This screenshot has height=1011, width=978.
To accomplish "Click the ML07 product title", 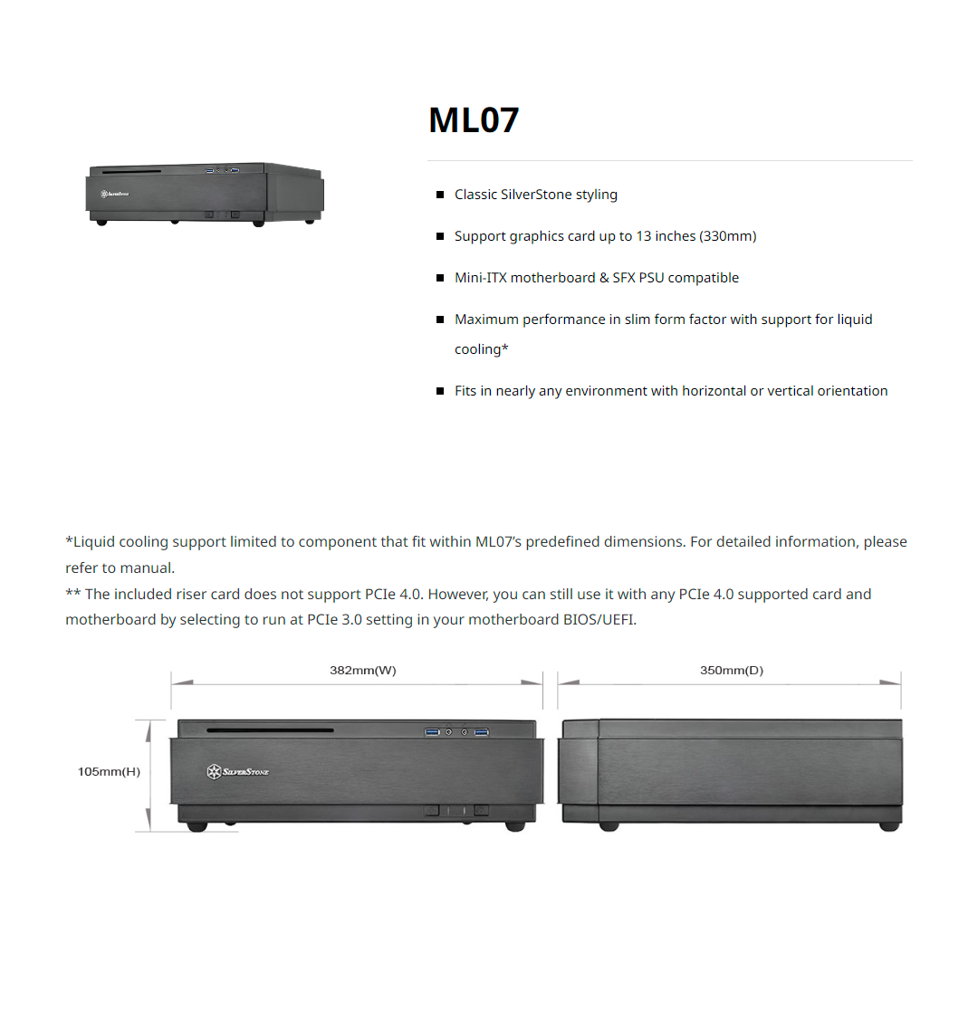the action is [474, 120].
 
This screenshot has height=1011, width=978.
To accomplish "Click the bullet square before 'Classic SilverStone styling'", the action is [440, 195].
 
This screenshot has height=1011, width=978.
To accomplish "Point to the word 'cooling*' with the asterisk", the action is [481, 348].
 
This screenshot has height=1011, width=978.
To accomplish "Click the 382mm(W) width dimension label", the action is [362, 670].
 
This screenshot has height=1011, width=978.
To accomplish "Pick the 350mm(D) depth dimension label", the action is [732, 670].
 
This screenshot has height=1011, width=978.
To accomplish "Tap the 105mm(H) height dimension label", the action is [109, 771].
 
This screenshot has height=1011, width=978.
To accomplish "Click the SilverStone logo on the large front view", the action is [237, 771].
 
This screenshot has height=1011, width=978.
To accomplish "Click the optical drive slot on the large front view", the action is [270, 730].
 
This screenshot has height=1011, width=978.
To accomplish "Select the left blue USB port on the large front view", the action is [432, 732].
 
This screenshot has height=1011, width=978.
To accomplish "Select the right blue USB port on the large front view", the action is [481, 732].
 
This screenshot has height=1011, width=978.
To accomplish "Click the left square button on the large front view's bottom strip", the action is [432, 810].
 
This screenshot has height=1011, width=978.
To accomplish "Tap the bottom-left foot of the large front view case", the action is [197, 826].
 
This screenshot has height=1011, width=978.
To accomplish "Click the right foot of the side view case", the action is [889, 826].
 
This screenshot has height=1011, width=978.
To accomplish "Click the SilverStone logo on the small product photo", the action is [115, 194].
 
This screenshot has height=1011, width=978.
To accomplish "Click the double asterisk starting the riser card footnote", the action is [73, 592].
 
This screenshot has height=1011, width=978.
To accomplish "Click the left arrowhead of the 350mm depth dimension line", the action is [569, 682].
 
